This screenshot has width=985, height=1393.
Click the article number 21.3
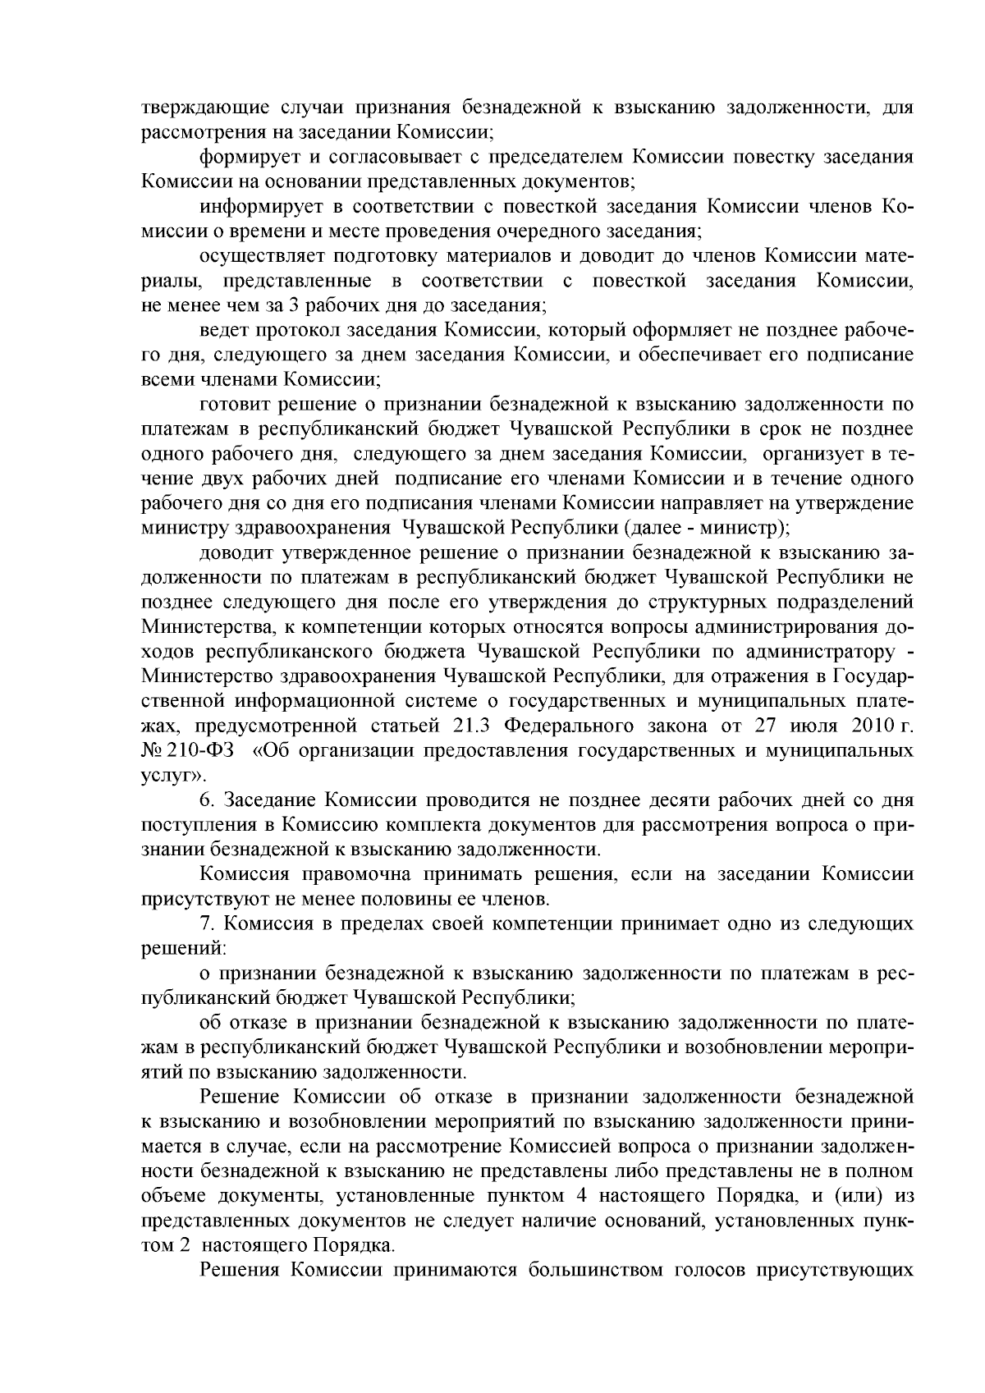click(471, 726)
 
